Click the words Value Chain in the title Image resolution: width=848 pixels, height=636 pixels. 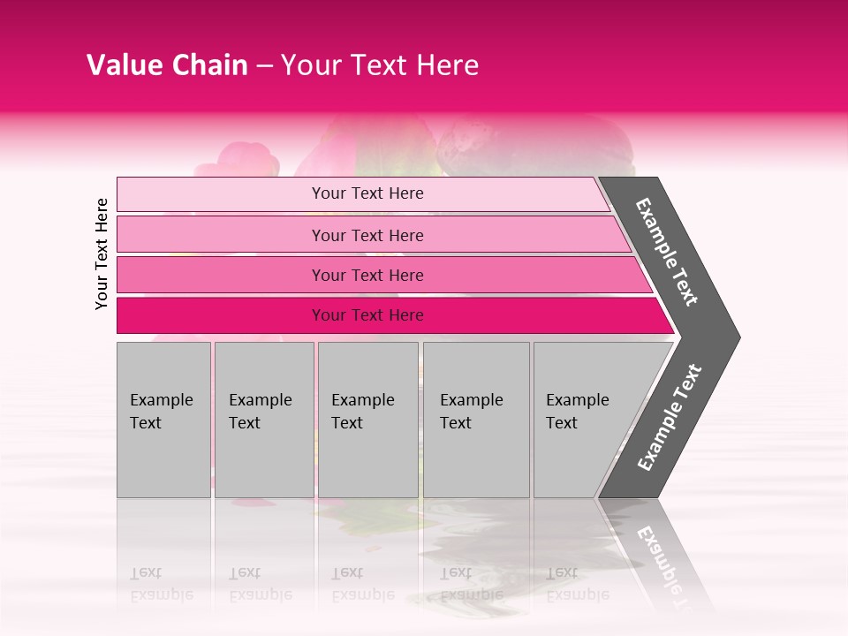pyautogui.click(x=167, y=65)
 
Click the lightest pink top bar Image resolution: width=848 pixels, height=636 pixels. pyautogui.click(x=221, y=194)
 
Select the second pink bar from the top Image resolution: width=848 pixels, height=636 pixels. pyautogui.click(x=221, y=235)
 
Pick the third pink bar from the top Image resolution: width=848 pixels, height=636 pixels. pyautogui.click(x=221, y=276)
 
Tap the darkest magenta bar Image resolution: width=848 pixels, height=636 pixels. pyautogui.click(x=221, y=315)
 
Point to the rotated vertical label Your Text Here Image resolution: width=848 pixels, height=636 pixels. pyautogui.click(x=102, y=254)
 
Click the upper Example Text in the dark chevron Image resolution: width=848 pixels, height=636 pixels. pyautogui.click(x=667, y=252)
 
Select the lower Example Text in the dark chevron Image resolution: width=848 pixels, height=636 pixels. pyautogui.click(x=670, y=418)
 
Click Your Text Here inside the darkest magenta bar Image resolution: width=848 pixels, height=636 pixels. pyautogui.click(x=367, y=315)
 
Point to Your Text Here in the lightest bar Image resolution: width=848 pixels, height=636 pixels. pyautogui.click(x=367, y=193)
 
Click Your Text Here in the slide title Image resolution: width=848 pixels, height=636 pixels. pyautogui.click(x=380, y=65)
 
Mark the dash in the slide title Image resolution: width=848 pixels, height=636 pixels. pyautogui.click(x=264, y=66)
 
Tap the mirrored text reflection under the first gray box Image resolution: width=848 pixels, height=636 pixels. pyautogui.click(x=153, y=584)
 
